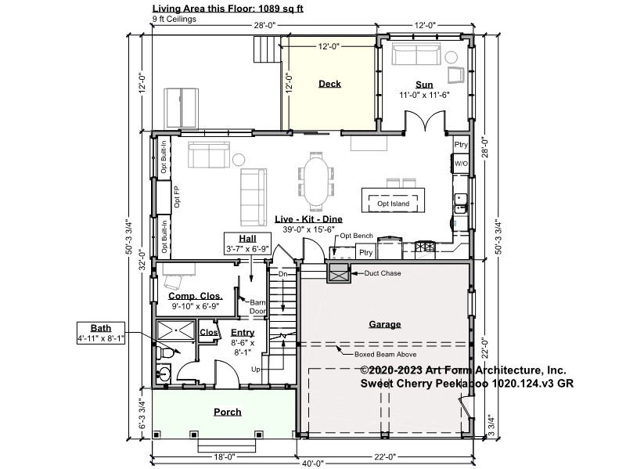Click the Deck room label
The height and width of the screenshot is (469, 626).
329,84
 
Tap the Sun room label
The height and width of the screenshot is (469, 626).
424,85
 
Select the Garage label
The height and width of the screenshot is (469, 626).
385,324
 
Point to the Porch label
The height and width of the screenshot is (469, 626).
228,412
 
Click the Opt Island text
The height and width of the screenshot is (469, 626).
394,204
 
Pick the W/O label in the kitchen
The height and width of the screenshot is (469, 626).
461,164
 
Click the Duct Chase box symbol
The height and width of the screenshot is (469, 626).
339,273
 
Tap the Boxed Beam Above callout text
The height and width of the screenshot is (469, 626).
385,355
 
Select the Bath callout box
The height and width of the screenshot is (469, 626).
101,333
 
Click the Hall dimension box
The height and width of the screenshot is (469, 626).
247,244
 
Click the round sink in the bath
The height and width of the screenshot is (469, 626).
164,374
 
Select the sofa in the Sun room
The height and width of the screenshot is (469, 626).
416,54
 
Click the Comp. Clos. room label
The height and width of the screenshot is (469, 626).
196,296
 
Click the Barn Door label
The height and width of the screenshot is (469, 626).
257,307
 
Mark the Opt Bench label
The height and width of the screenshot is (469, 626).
357,236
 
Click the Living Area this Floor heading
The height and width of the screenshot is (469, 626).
228,9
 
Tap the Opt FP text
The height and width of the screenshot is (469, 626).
177,197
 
